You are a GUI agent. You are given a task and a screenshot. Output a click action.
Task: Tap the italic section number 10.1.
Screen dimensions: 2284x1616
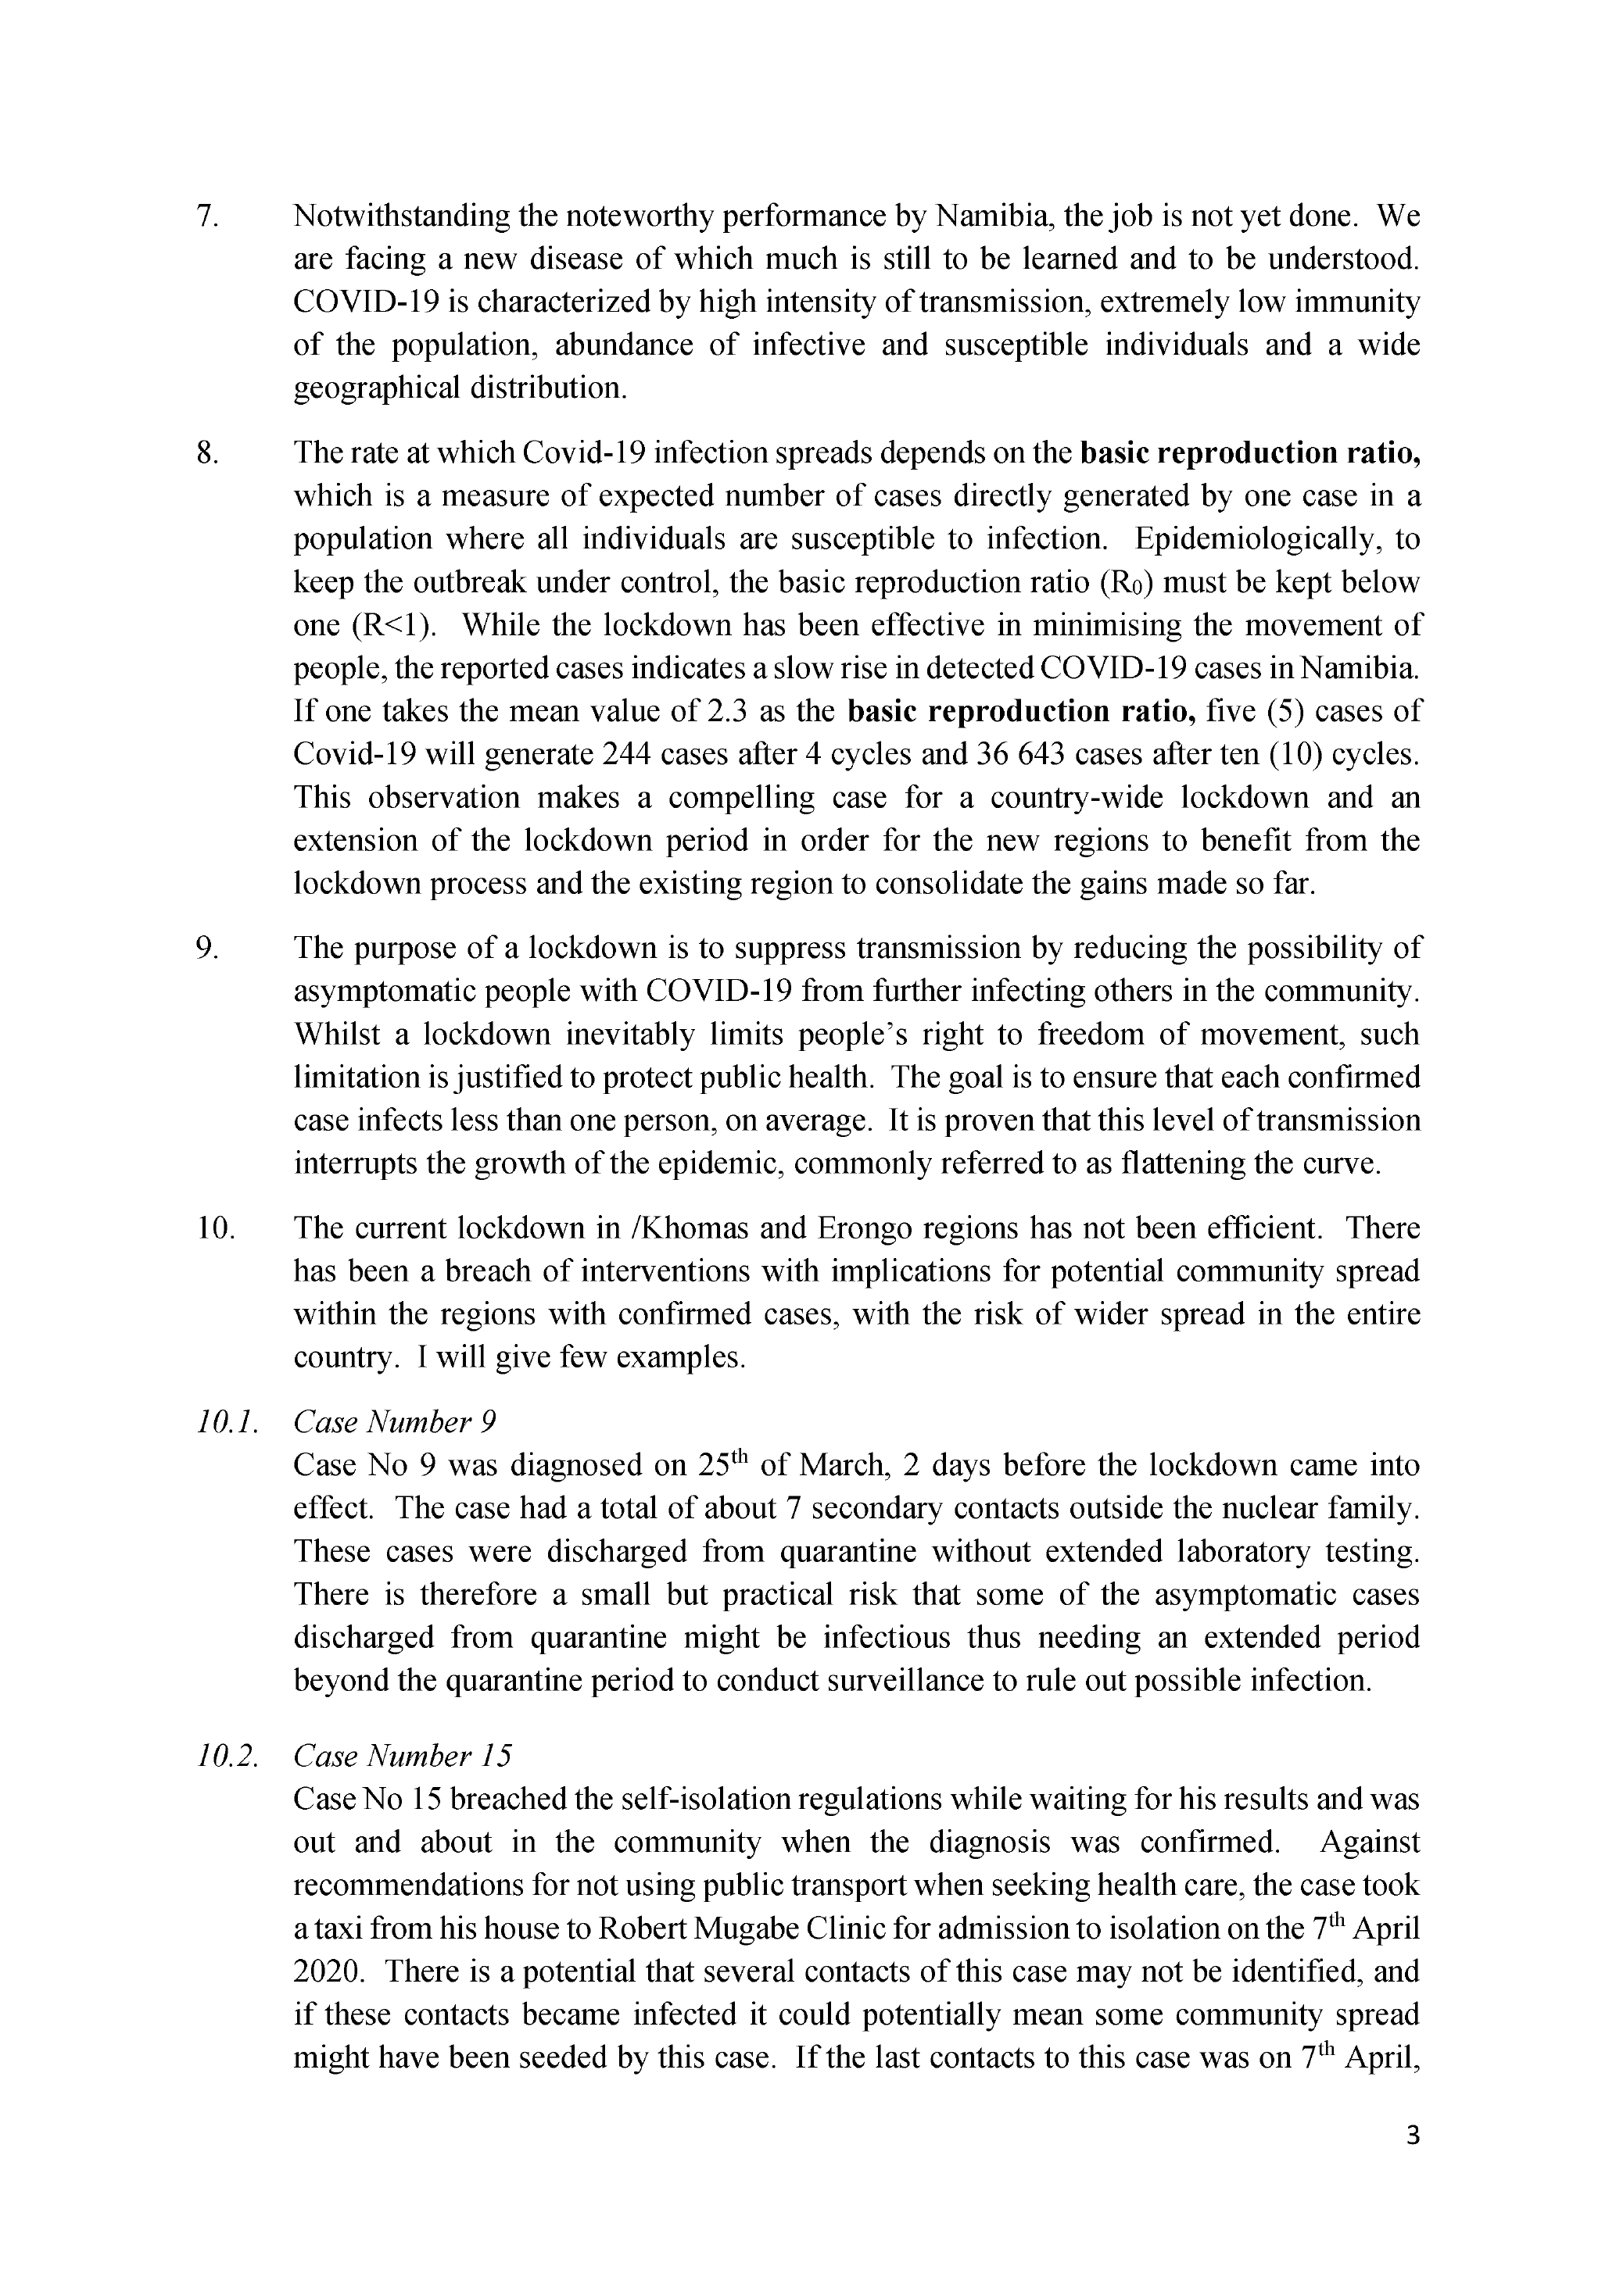[x=228, y=1423]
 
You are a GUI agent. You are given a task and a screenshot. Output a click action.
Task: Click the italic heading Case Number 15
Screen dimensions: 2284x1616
[x=402, y=1756]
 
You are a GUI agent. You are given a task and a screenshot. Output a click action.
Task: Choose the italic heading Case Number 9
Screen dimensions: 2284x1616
[x=394, y=1423]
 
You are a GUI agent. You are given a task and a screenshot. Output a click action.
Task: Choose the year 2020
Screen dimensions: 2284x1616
[x=328, y=1971]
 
